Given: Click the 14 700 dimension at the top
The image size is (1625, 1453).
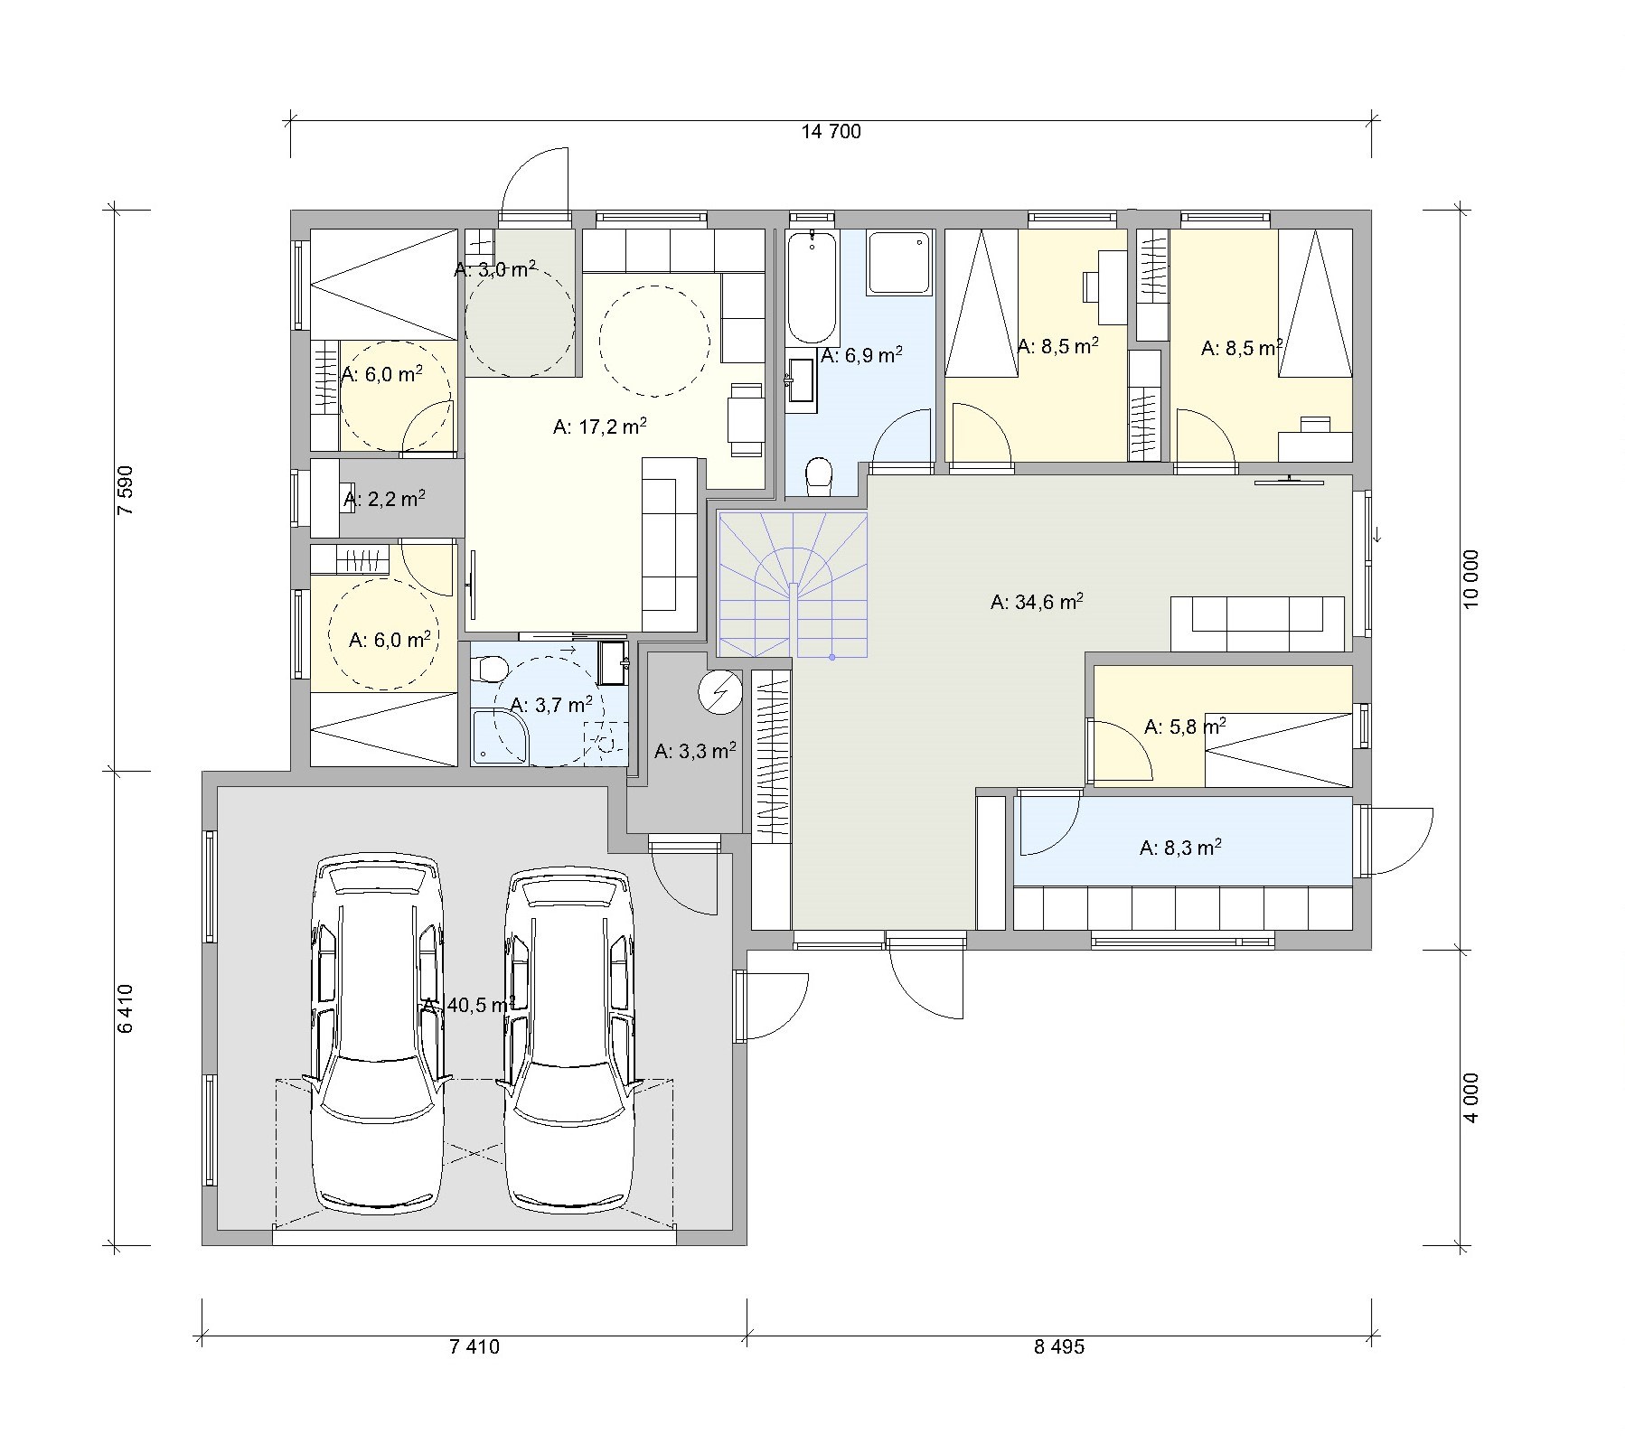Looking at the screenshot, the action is pos(831,132).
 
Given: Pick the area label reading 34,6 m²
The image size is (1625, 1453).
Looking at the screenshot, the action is pos(1037,602).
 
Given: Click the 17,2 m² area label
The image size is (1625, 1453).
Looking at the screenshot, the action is pos(599,426).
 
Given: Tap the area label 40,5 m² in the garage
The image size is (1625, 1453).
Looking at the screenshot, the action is pos(468,1005).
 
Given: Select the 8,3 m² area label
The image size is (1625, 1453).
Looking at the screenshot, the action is pos(1181,847).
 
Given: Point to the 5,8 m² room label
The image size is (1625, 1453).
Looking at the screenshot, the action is pos(1185,726).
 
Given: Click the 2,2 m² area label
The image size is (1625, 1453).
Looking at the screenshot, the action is pos(384,498).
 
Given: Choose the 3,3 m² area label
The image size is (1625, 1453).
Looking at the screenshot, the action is pos(694,750).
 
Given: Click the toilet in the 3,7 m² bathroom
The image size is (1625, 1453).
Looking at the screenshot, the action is pos(491,669).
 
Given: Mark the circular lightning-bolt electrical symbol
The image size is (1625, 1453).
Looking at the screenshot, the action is pos(719,692).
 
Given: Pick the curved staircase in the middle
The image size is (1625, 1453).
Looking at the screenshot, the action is pos(793,585).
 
